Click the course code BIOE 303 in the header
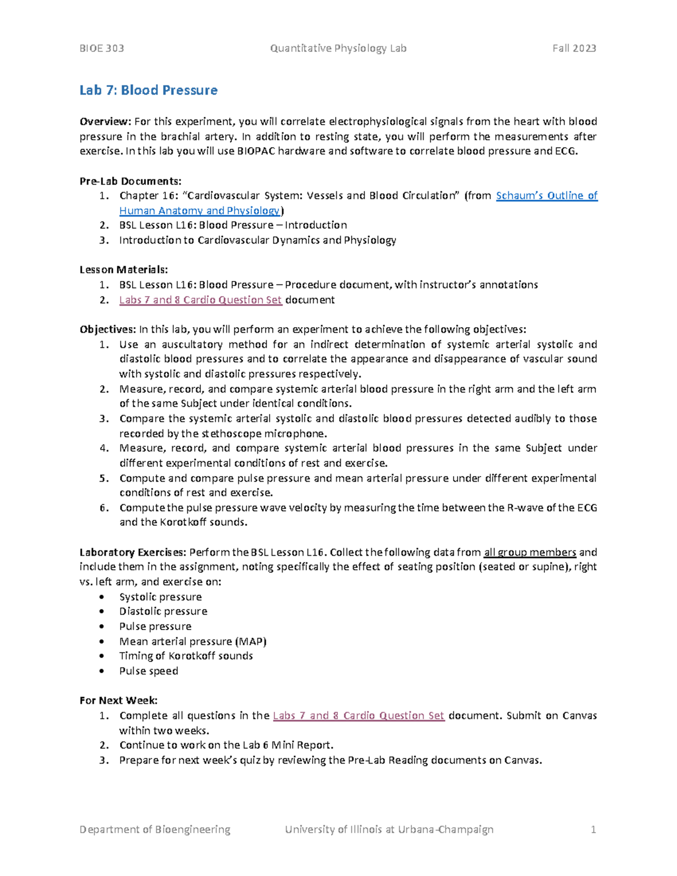102,49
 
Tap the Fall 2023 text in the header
574,49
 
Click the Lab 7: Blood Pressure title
148,90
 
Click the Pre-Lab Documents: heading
130,181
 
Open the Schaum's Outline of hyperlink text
546,196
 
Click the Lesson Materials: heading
124,270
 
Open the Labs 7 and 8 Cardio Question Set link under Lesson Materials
200,300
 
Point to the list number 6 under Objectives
103,508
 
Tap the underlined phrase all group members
530,552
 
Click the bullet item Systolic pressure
160,597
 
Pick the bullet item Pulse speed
148,671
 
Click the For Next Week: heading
118,701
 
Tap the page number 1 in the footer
593,829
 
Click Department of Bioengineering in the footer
155,829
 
